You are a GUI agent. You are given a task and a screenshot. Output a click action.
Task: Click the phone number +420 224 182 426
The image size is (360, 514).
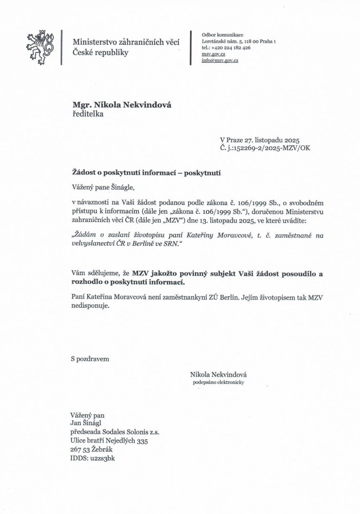click(x=226, y=47)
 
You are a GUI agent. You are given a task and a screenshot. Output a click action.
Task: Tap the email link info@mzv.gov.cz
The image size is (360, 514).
click(x=220, y=60)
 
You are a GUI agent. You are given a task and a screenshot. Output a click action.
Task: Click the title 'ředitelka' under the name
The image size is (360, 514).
click(x=88, y=115)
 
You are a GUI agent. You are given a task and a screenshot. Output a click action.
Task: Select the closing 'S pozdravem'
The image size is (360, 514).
click(x=90, y=360)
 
